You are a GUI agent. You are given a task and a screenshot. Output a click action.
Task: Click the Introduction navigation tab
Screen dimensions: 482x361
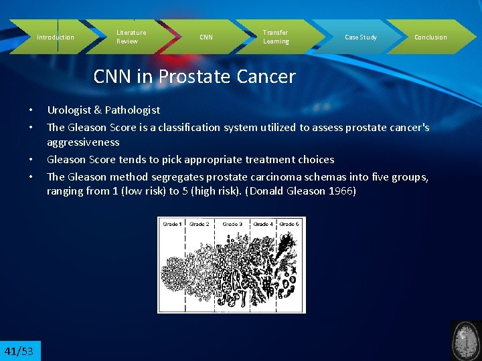tap(56, 37)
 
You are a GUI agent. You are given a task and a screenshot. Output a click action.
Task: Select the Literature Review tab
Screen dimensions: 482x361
tap(131, 37)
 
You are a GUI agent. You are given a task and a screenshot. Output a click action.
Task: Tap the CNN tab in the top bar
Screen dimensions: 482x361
tap(206, 37)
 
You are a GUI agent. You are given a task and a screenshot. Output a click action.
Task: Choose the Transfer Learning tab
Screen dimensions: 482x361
tap(276, 37)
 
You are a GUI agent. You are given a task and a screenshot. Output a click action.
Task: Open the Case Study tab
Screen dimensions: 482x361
tap(361, 37)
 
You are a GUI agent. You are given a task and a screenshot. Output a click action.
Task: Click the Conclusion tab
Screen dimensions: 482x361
tap(430, 37)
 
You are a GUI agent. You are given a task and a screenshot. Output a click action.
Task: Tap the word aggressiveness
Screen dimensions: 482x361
tap(83, 142)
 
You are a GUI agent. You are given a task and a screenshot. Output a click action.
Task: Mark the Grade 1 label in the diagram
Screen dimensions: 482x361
tap(172, 224)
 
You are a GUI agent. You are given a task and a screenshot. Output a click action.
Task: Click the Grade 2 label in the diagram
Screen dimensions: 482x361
tap(199, 224)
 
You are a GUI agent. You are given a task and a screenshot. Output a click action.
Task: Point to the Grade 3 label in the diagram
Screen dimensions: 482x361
tap(233, 224)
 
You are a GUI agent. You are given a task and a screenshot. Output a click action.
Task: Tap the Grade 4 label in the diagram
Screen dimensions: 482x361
tap(262, 224)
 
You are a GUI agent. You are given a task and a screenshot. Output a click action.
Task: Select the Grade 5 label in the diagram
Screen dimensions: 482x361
tap(289, 224)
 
